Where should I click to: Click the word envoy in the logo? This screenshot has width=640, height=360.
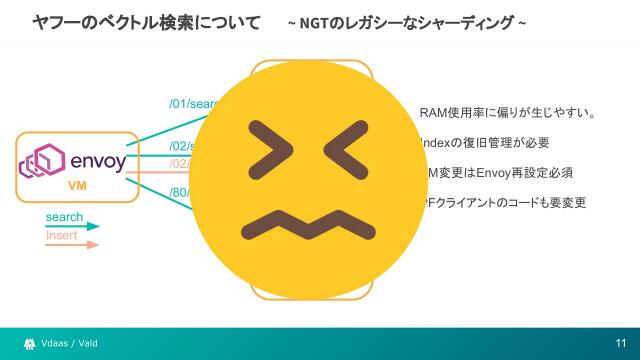tap(97, 160)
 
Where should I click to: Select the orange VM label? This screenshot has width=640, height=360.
tap(77, 187)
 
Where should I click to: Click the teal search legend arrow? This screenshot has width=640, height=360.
tap(73, 227)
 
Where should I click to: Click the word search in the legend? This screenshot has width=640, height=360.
tap(64, 217)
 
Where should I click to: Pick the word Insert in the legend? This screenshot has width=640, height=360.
tap(62, 236)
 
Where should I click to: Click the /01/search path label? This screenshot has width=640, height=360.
tap(190, 103)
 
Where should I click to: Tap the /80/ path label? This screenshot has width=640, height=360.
tap(181, 193)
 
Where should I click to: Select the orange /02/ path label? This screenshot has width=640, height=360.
tap(181, 164)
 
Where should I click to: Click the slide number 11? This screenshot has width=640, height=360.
tap(620, 344)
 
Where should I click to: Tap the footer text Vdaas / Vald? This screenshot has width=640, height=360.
tap(70, 344)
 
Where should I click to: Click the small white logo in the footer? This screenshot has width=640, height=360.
tap(30, 344)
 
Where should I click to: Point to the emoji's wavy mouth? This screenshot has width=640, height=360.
tap(306, 227)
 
